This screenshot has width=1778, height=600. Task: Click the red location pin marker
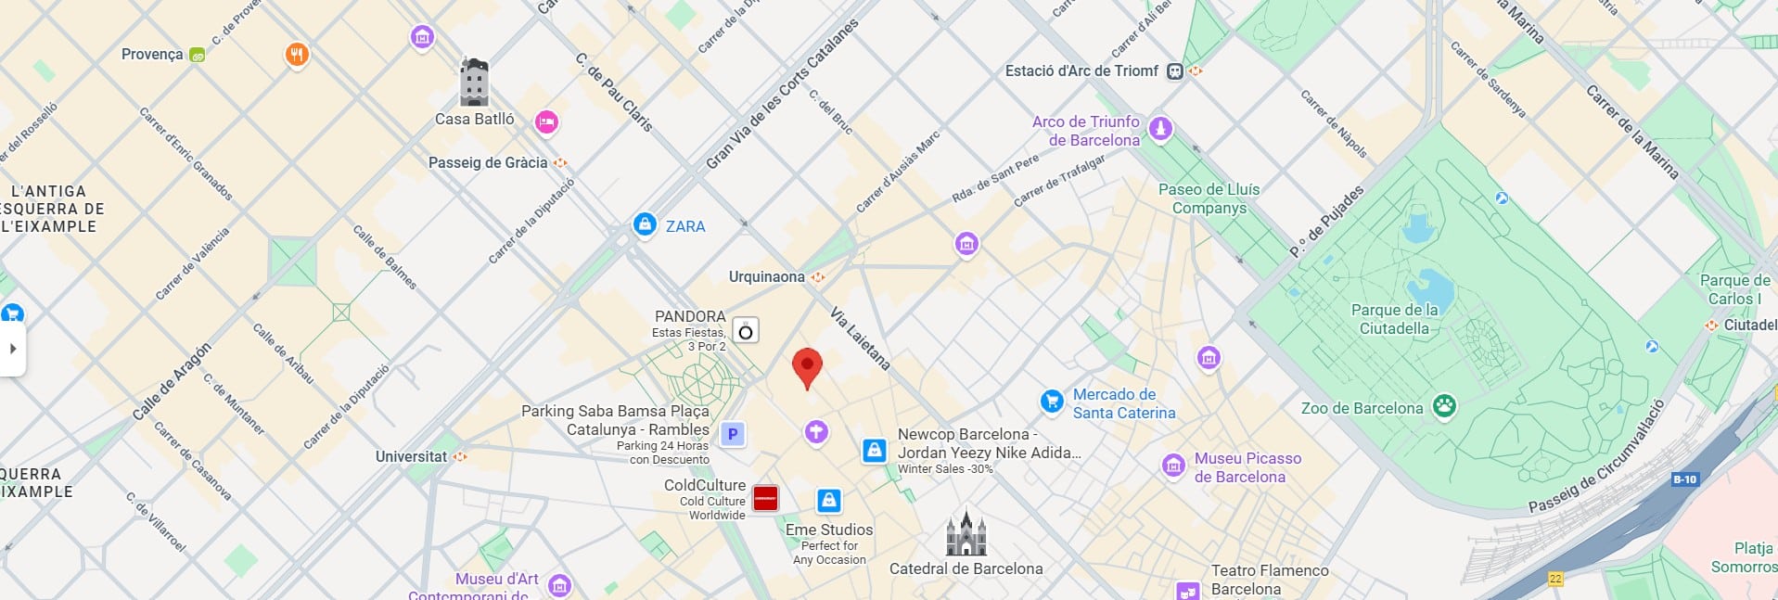coord(807,365)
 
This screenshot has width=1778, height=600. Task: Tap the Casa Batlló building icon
coord(474,83)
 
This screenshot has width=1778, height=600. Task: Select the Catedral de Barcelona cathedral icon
coord(966,534)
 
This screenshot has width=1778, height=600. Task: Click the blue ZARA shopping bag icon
coord(645,224)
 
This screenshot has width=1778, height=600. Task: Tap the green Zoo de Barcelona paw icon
coord(1444,406)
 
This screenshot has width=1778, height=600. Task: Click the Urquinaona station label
coord(766,276)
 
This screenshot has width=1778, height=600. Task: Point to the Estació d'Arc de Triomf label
coord(1081,70)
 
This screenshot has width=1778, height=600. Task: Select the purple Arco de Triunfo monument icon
coord(1160,128)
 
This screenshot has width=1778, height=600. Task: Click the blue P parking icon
coord(733,433)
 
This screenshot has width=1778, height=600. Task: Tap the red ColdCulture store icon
coord(765,499)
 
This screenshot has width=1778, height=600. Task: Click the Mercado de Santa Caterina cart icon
coord(1051,401)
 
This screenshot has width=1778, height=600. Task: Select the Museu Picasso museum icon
coord(1173,465)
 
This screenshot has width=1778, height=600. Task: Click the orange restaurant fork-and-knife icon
coord(296,55)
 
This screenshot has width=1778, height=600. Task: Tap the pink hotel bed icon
coord(546,121)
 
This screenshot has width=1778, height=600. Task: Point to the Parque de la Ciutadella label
coord(1394,319)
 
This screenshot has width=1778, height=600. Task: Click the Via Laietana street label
coord(860,338)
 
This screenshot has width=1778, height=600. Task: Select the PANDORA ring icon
coord(746,331)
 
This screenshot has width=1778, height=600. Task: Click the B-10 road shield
coord(1684,479)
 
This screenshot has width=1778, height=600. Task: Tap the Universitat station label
coord(411,456)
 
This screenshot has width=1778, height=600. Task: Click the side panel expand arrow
coord(13,349)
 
